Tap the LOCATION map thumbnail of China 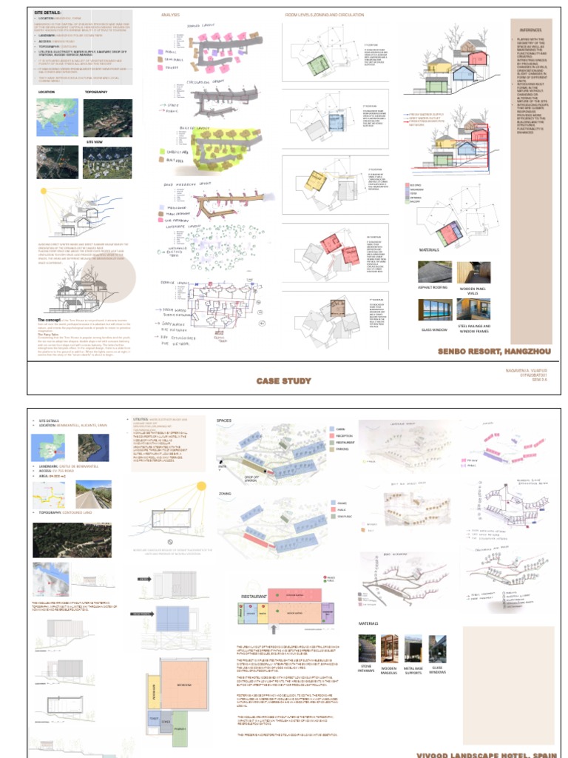tap(57, 117)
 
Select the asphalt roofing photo tap(434, 273)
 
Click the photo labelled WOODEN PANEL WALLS tap(474, 273)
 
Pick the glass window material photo tap(434, 309)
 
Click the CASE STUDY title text tap(283, 381)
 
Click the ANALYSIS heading tap(170, 15)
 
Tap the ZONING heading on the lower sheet tap(225, 492)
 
